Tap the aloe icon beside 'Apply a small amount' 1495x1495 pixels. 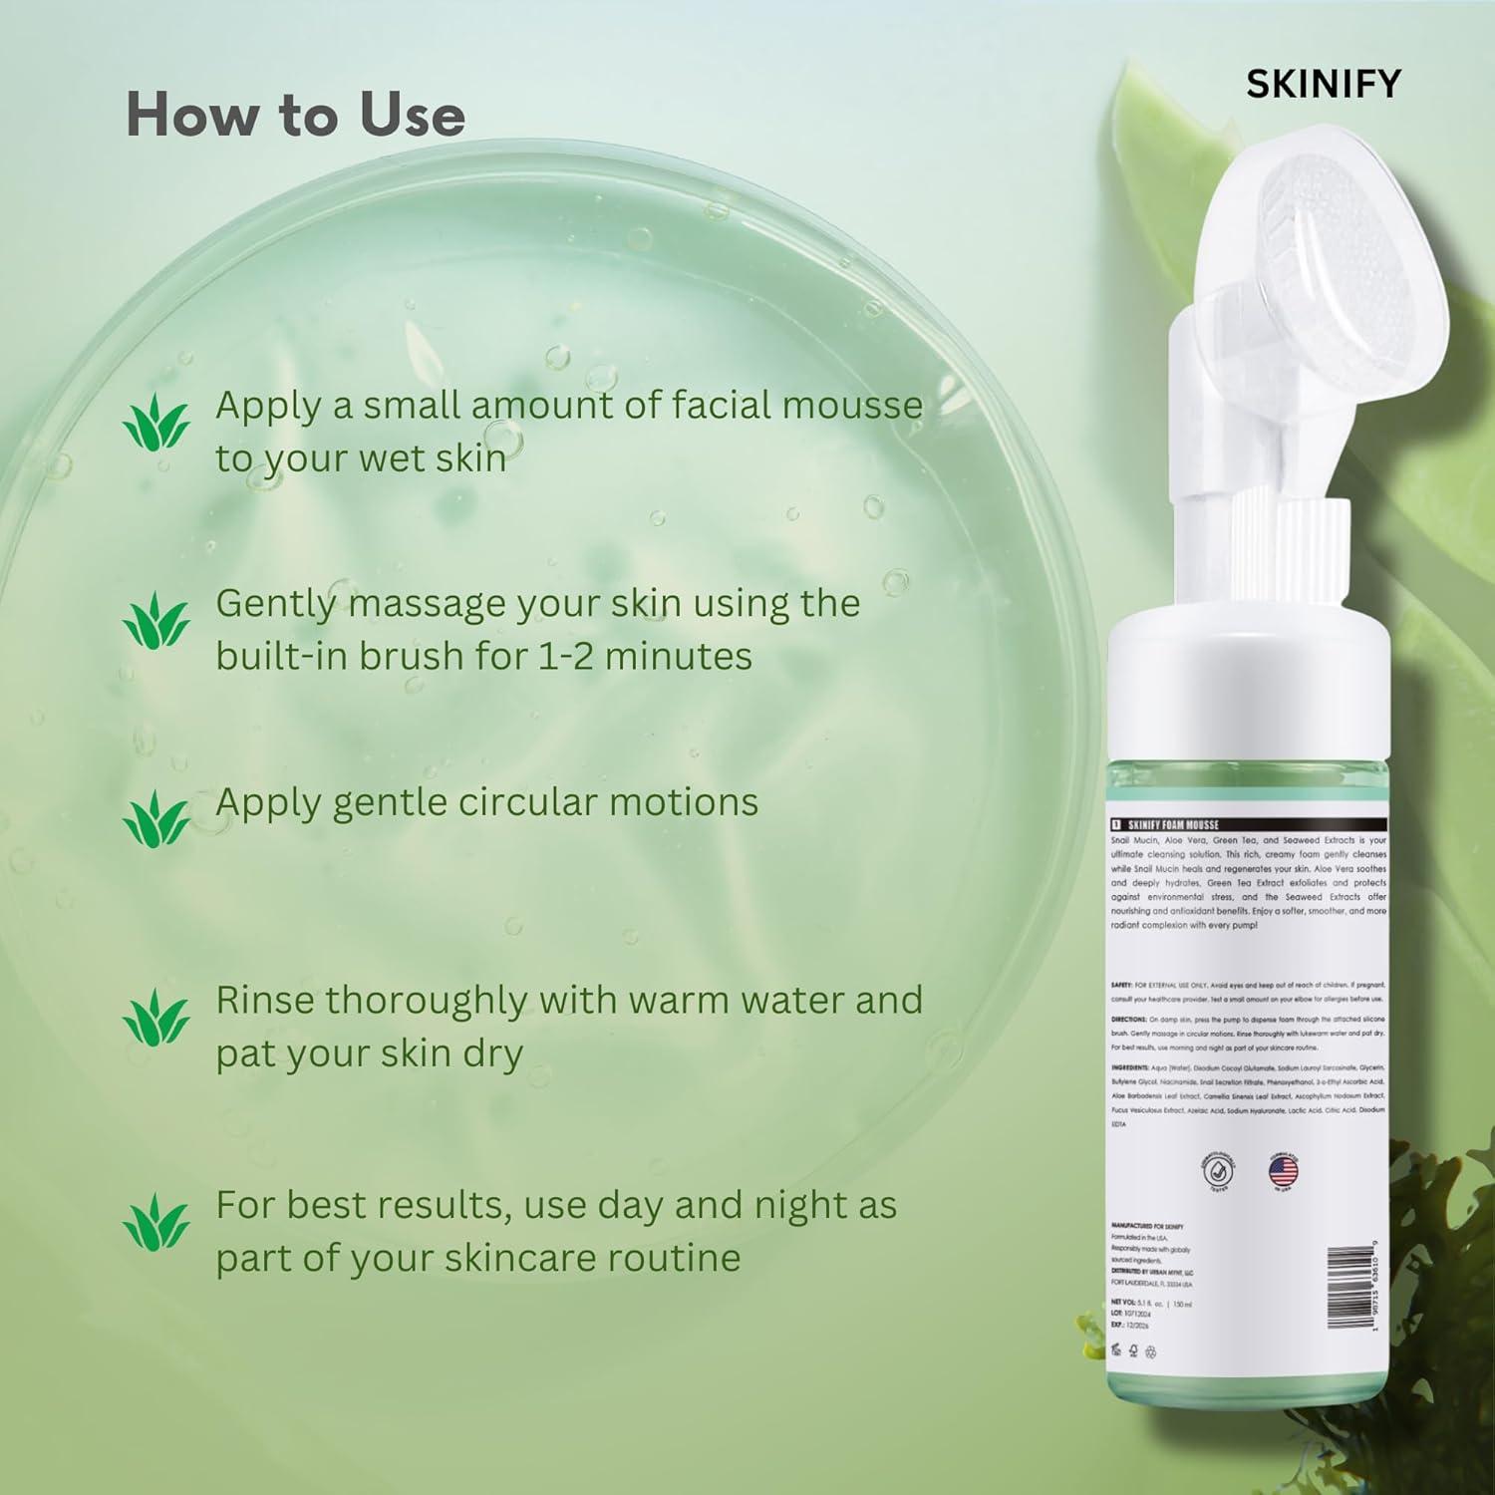155,423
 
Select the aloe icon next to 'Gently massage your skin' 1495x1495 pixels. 155,620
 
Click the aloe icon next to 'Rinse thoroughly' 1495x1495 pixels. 155,1017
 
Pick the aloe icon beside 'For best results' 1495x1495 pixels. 155,1221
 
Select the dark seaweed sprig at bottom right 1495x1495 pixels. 1435,1276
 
